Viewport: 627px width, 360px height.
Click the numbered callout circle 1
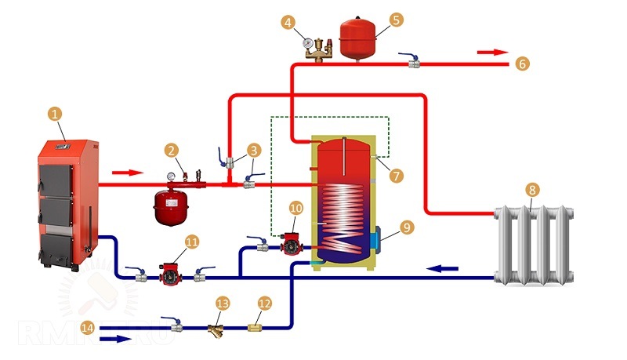(55, 115)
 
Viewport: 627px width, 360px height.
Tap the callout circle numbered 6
(523, 64)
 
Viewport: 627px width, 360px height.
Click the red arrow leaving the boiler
(129, 172)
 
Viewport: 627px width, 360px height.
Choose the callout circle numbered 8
(532, 189)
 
